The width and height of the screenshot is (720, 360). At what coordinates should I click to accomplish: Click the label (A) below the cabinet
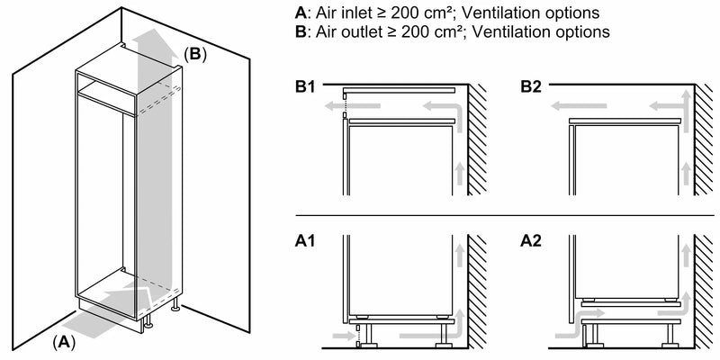click(x=63, y=341)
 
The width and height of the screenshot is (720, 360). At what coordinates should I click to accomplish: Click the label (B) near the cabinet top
click(x=195, y=54)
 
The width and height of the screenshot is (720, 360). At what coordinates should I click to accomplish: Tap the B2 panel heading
click(x=532, y=87)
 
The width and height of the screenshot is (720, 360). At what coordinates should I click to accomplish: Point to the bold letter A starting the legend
click(x=299, y=14)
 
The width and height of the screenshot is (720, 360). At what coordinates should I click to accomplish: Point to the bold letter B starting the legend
click(x=299, y=32)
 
